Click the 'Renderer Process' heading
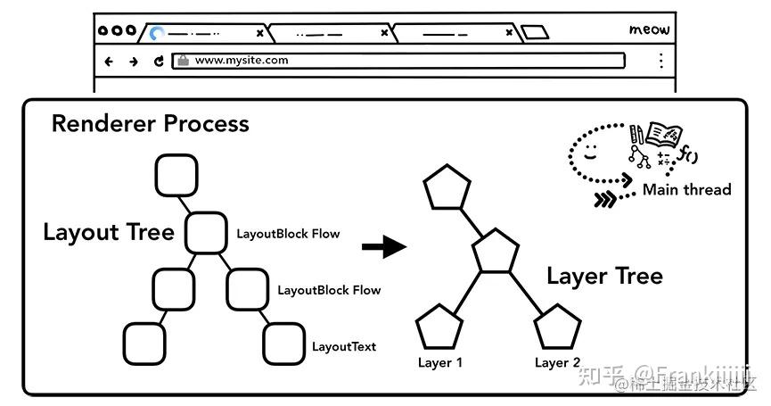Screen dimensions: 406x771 tap(150, 123)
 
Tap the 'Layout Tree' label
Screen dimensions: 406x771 tap(108, 233)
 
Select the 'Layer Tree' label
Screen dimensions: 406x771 tap(604, 276)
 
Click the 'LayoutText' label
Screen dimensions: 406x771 tap(344, 346)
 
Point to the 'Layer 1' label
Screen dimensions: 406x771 tap(440, 363)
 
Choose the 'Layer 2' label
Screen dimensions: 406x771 tap(558, 363)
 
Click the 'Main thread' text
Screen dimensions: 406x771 tap(686, 189)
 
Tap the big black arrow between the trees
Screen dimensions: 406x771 tap(383, 246)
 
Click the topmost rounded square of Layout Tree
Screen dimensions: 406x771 tap(176, 175)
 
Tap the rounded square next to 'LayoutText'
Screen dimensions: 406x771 tap(284, 344)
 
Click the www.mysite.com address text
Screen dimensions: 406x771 tap(242, 61)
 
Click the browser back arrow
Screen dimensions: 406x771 tap(110, 62)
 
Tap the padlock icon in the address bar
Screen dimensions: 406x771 tap(183, 61)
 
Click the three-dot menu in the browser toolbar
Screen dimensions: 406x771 tap(660, 61)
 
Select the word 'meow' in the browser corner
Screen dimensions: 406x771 tap(648, 30)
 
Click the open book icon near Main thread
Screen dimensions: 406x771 tap(663, 135)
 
